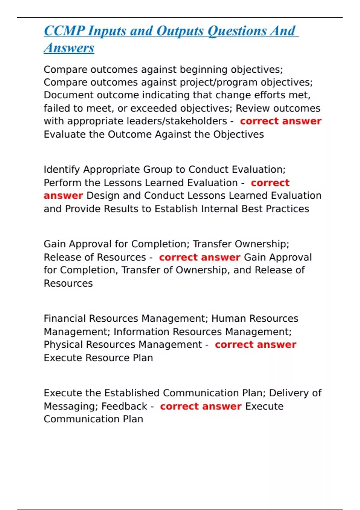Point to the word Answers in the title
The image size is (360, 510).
[x=69, y=48]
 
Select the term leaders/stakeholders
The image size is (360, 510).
[x=177, y=121]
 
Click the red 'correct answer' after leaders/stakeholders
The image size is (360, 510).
[x=280, y=121]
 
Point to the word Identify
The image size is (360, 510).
[x=62, y=170]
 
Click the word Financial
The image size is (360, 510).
[x=65, y=318]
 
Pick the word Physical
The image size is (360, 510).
[x=63, y=345]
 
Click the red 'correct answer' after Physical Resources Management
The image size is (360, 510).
[x=255, y=345]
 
